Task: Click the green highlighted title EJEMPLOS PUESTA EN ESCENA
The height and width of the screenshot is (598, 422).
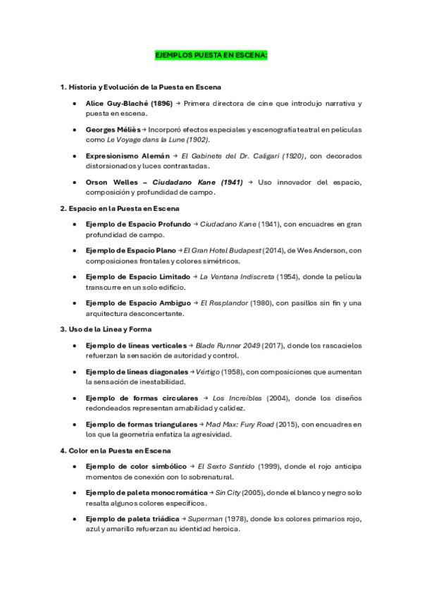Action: point(211,54)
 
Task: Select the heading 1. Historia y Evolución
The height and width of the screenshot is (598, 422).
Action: point(141,87)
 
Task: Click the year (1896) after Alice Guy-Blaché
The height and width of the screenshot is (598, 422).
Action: point(161,103)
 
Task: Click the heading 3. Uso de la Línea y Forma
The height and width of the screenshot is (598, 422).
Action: point(106,329)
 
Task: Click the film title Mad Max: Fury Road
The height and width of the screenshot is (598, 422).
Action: point(237,425)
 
